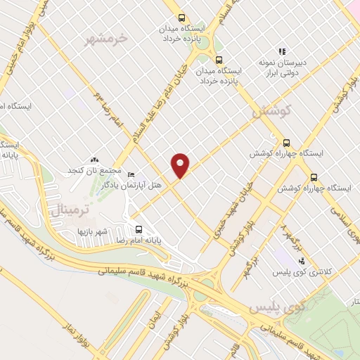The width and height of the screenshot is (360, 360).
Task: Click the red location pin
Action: point(181,165)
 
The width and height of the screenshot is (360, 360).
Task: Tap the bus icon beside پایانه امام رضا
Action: point(139,229)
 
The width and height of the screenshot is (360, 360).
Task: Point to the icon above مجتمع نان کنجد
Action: point(95,160)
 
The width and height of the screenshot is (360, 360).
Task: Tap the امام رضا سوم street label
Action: point(110,112)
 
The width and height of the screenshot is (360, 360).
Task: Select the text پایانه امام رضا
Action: point(163,240)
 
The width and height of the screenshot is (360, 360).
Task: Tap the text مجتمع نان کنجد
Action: point(95,172)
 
